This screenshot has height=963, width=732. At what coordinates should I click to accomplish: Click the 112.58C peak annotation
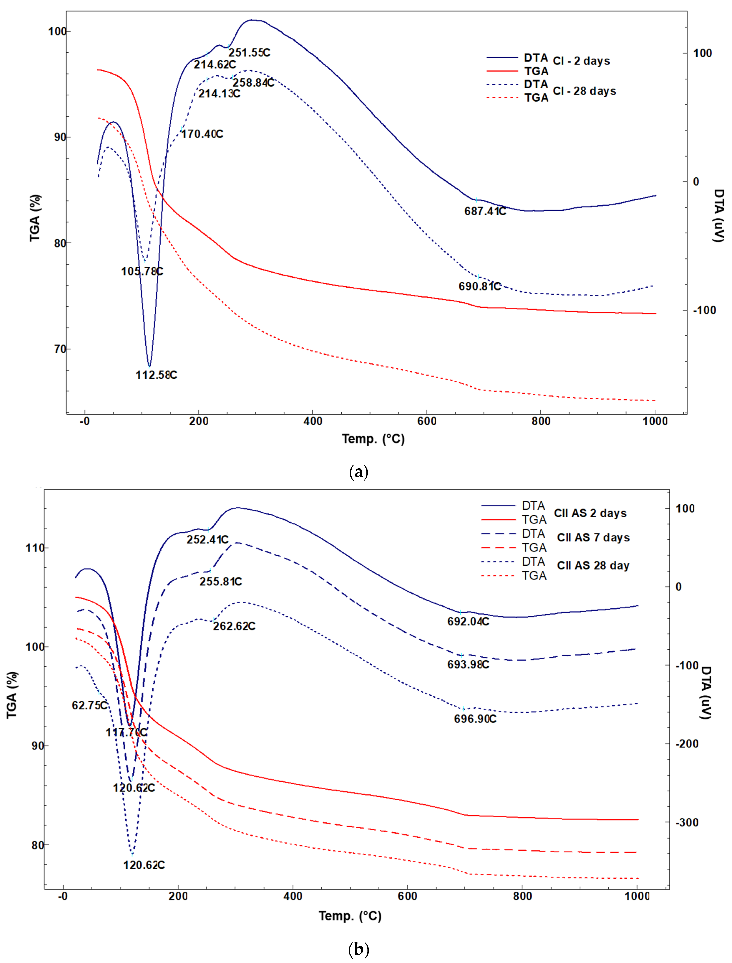156,375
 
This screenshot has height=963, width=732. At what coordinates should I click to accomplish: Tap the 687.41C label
485,211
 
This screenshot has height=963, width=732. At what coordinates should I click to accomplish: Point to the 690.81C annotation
479,286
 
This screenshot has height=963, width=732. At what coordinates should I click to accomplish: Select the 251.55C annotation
249,53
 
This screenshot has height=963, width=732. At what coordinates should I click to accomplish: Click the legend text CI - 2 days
581,61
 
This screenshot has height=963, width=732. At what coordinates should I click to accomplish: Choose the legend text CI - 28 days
584,91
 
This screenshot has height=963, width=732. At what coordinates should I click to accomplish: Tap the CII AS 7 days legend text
593,537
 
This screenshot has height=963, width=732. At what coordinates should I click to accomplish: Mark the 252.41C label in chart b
207,540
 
